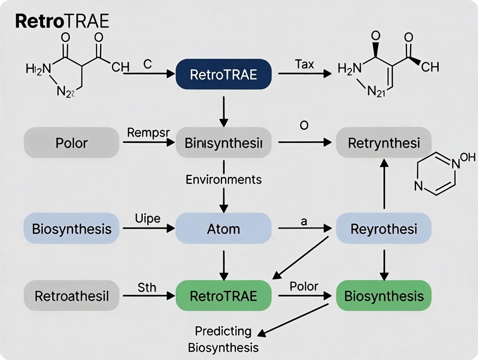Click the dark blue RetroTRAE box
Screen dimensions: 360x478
pos(223,74)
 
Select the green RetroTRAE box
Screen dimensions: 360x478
pos(223,296)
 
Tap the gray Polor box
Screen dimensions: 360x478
pos(71,142)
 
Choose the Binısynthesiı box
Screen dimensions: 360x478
pos(223,142)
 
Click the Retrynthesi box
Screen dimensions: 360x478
pos(384,142)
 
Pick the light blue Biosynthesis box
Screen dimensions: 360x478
pos(71,228)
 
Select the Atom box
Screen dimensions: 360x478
pos(223,228)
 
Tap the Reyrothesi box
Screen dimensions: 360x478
pos(384,228)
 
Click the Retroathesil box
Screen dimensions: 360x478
pos(71,296)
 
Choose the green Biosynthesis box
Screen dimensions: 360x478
pos(384,296)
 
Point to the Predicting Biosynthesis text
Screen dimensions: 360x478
pos(223,339)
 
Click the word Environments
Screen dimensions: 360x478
pos(223,179)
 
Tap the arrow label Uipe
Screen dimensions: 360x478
pos(148,219)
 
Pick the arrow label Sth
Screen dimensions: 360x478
pos(147,287)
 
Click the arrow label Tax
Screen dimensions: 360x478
pos(304,64)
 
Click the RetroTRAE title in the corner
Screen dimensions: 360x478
pos(62,22)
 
